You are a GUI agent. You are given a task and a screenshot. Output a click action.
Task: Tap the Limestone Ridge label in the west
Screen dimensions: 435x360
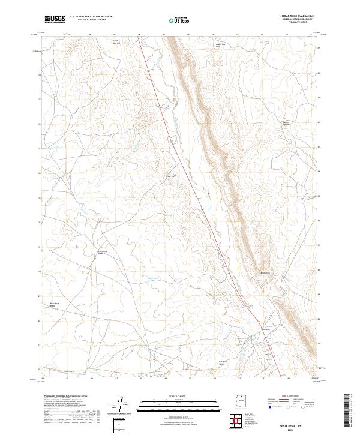pos(102,251)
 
